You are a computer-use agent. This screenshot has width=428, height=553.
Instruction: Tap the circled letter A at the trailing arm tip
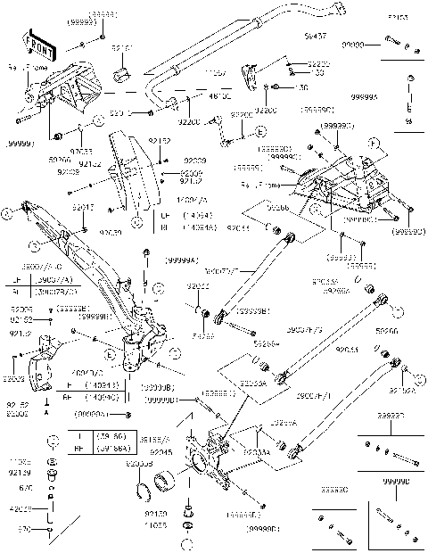(8, 213)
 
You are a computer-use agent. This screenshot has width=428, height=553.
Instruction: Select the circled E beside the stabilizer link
(260, 132)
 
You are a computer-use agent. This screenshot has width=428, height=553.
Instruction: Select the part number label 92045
(161, 452)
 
